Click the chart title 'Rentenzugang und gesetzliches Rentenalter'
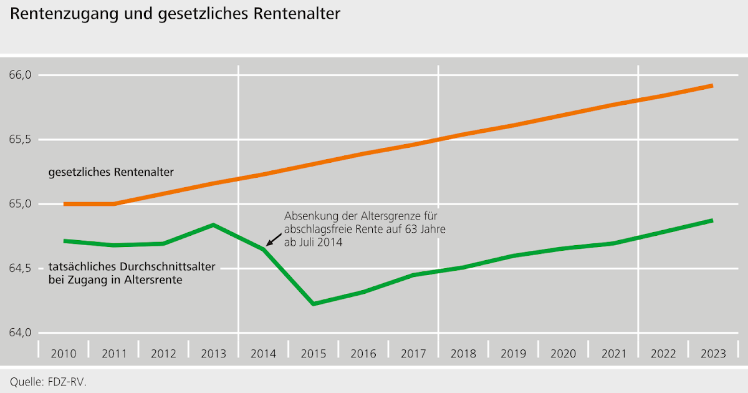pos(175,14)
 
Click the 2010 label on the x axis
pos(64,354)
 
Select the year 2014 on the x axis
pos(263,354)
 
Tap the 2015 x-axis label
pos(313,354)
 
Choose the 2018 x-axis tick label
pos(463,354)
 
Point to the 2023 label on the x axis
pos(713,354)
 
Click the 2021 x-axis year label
pos(613,354)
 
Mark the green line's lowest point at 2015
pos(313,304)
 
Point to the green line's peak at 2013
pos(213,225)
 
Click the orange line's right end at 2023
pos(712,85)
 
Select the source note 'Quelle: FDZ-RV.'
pos(49,381)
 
